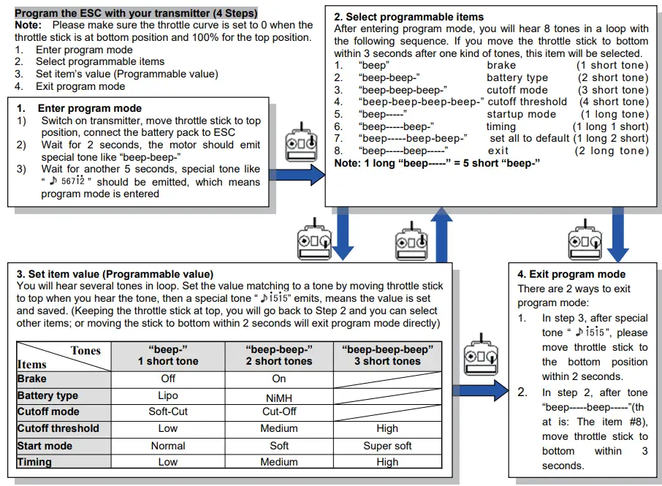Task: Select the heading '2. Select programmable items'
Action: click(x=408, y=16)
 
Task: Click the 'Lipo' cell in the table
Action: click(x=168, y=395)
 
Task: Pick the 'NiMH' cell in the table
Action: click(x=278, y=397)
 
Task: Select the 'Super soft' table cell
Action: click(x=387, y=445)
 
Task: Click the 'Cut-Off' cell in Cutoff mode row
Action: click(x=278, y=411)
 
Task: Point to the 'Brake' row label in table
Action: click(x=32, y=379)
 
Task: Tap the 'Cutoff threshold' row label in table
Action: click(x=58, y=428)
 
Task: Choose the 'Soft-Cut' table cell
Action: click(x=168, y=411)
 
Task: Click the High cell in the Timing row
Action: click(x=387, y=462)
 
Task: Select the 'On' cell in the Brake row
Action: click(x=278, y=379)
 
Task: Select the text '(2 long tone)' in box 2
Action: click(x=612, y=151)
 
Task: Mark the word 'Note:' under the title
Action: click(x=29, y=25)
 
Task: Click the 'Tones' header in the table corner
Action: click(x=85, y=351)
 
